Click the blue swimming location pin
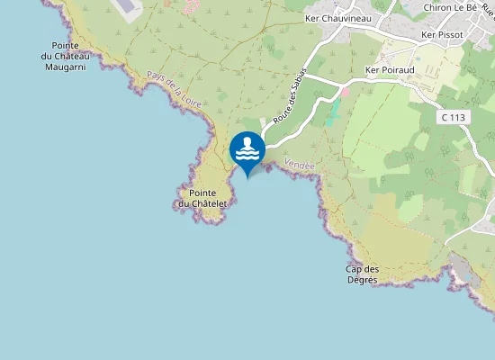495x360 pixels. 247,150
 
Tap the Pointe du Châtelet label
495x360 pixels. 202,198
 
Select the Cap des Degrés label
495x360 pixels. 363,274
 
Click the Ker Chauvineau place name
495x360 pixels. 338,18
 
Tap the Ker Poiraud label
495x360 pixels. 390,69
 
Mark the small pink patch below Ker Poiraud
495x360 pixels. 345,92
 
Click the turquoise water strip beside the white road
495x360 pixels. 334,112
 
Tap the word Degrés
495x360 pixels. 363,280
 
